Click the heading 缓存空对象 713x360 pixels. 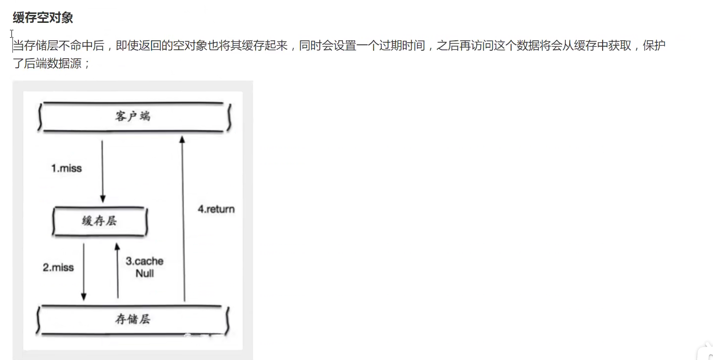[43, 18]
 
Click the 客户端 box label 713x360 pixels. [132, 116]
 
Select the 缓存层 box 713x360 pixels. [99, 221]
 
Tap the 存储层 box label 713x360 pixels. [132, 319]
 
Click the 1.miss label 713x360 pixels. [66, 168]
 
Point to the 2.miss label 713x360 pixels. [58, 267]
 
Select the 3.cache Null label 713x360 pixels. [145, 267]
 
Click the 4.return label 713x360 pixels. [216, 209]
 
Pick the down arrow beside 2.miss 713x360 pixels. [84, 271]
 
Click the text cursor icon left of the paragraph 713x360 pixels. [11, 34]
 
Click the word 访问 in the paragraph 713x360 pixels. [478, 46]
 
